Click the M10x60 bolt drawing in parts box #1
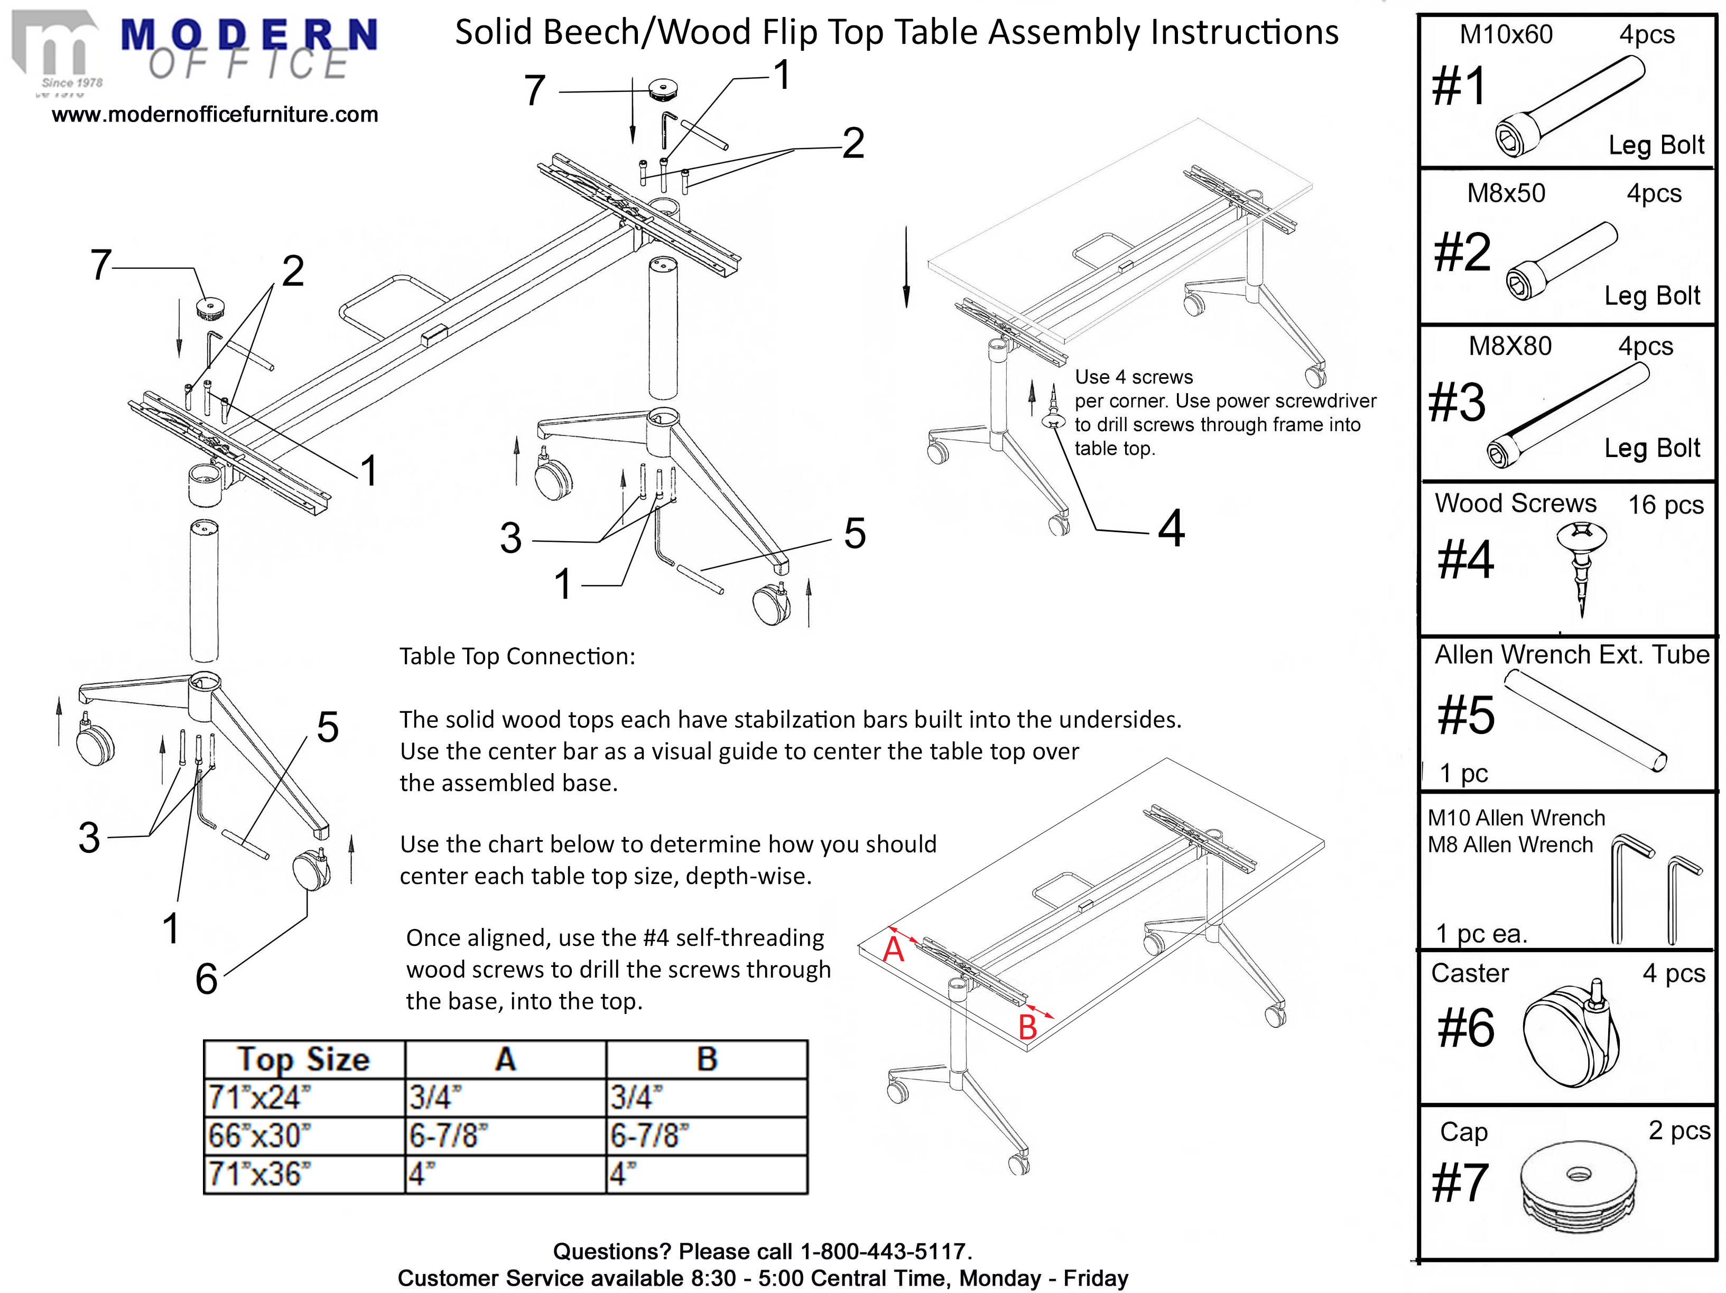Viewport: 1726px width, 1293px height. click(1569, 107)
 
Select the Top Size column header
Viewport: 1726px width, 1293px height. click(303, 1059)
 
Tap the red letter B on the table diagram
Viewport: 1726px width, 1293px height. click(1028, 1027)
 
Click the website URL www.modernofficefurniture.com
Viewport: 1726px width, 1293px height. click(215, 115)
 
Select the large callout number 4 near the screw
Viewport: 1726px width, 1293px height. click(1171, 528)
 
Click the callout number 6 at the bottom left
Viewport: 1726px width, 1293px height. click(206, 979)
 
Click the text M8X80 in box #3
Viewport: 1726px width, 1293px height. click(1510, 346)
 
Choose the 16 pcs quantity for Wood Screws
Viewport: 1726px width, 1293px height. click(1665, 505)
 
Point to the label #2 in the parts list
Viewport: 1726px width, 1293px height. click(1461, 252)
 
